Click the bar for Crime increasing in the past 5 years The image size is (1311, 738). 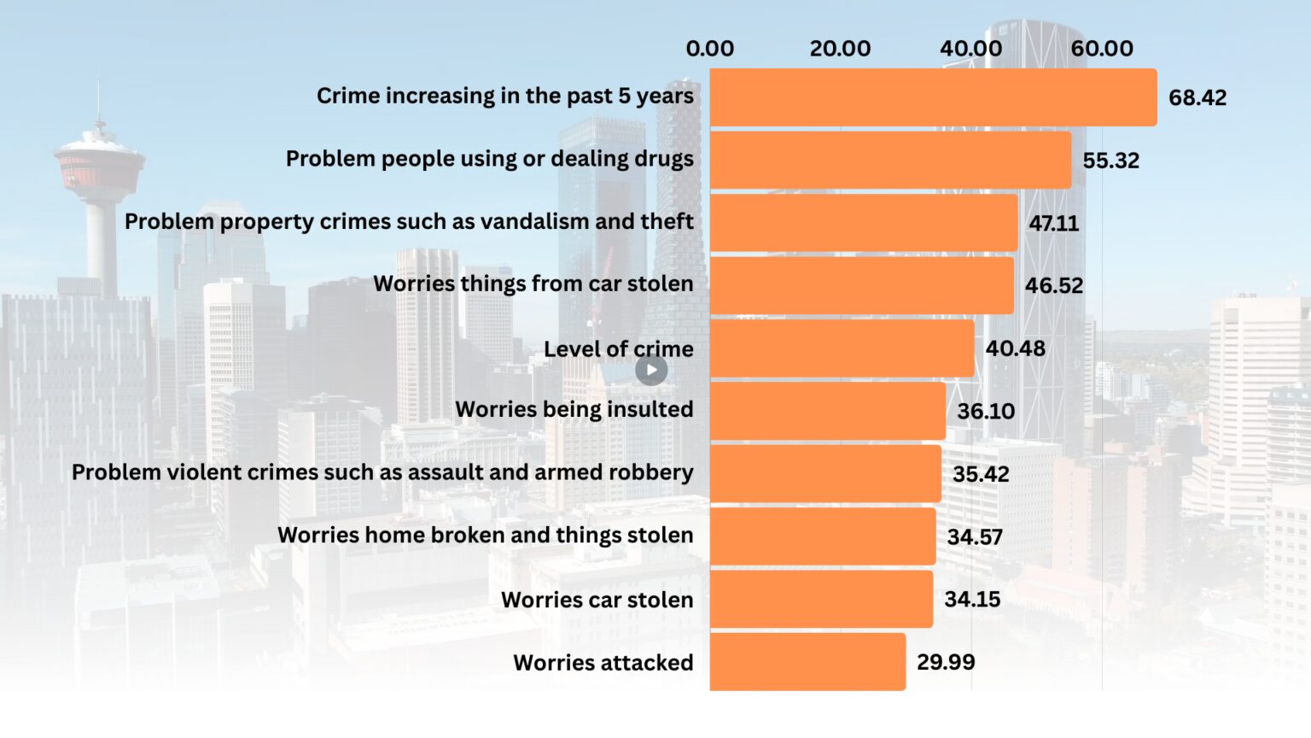(x=933, y=97)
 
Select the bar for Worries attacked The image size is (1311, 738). (x=807, y=662)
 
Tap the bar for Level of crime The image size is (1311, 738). (x=842, y=348)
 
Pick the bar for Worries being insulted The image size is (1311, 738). (x=827, y=411)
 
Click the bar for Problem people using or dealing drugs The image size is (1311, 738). (x=890, y=160)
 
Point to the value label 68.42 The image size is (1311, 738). (x=1197, y=97)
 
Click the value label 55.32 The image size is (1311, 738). (x=1110, y=161)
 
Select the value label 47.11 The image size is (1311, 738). (x=1053, y=223)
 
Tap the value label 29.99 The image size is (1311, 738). (x=946, y=662)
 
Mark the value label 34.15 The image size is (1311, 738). (x=972, y=599)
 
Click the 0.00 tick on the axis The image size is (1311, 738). (x=709, y=49)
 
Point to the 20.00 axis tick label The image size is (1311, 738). (x=840, y=49)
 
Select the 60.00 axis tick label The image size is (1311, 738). (x=1102, y=49)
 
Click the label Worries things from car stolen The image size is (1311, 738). (x=533, y=284)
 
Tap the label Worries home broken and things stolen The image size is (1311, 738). (x=485, y=536)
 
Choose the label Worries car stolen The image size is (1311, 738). (x=597, y=600)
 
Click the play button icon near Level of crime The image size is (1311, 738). (x=651, y=370)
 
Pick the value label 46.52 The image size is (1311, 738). (x=1053, y=285)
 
